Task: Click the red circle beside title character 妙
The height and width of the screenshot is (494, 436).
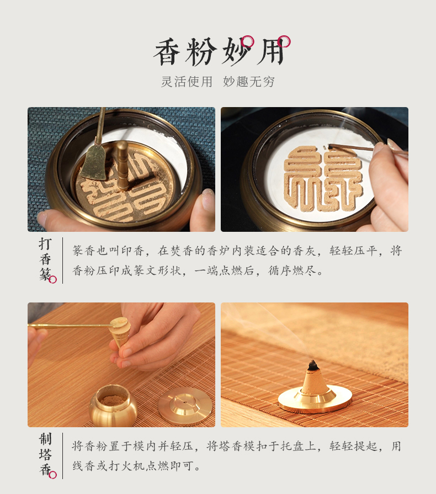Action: (248, 41)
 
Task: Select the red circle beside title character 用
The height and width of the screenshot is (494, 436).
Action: (284, 41)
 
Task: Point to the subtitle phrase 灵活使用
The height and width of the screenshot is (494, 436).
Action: (187, 82)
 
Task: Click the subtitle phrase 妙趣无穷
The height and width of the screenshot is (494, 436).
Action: (249, 82)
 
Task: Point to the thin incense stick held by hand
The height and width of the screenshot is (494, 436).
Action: (353, 147)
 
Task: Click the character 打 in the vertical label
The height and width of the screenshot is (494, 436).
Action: (45, 244)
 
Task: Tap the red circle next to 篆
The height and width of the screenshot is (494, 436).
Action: (52, 279)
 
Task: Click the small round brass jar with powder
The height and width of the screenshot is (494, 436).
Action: (113, 405)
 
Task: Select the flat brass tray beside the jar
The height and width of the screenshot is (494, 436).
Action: (185, 405)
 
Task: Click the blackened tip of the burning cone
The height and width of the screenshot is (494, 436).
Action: (313, 365)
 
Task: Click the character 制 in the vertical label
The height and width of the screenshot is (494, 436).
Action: (45, 439)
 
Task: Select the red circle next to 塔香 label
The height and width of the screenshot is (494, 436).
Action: (52, 475)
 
